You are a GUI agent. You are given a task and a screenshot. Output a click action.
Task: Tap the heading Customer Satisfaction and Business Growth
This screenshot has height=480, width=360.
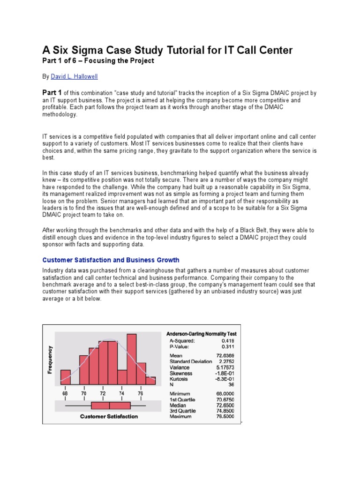(111, 260)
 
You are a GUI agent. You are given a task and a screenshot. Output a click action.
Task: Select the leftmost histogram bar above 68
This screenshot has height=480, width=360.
(66, 377)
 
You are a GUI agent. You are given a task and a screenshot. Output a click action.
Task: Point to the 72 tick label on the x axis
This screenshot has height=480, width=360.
(103, 394)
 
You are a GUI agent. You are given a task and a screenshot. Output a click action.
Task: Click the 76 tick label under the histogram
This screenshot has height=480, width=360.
(140, 394)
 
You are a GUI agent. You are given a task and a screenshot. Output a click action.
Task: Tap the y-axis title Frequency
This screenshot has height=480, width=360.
(50, 360)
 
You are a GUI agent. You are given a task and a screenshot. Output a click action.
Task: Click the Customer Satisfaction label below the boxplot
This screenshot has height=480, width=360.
(109, 416)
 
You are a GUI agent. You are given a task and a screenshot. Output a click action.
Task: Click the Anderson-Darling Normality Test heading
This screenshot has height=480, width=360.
(202, 334)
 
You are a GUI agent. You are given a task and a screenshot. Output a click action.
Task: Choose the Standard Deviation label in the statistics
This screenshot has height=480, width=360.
(191, 361)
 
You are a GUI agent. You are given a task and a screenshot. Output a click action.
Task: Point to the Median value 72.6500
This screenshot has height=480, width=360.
(225, 405)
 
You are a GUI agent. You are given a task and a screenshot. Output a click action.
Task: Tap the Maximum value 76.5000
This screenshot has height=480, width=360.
(225, 417)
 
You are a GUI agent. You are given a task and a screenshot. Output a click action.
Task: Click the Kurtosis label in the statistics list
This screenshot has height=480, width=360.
(180, 379)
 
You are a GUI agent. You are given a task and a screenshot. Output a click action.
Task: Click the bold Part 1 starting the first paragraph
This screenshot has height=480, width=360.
(52, 92)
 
